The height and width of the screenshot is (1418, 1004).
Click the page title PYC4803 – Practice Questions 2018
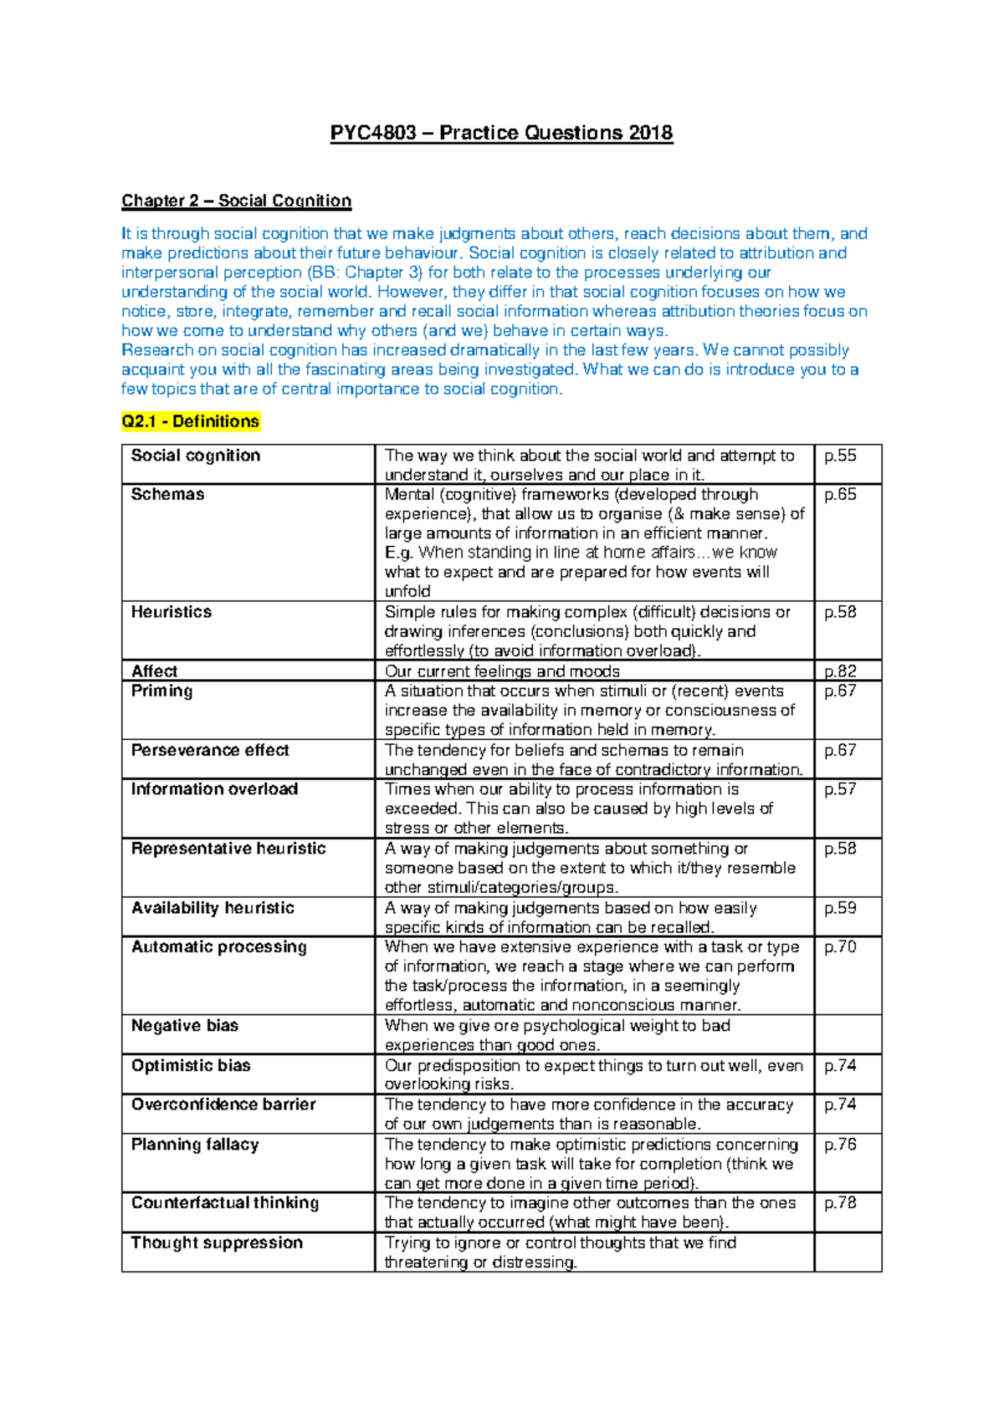[501, 133]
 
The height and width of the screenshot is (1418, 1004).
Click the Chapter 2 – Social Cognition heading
[236, 201]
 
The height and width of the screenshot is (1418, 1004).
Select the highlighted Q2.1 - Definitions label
[191, 421]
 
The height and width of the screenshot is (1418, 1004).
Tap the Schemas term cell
[167, 494]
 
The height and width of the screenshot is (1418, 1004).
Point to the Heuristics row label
[171, 612]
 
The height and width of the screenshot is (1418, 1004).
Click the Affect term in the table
[154, 671]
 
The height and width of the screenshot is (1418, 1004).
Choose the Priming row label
[161, 691]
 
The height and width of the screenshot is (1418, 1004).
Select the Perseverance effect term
[210, 750]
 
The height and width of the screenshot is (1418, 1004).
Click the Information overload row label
[214, 789]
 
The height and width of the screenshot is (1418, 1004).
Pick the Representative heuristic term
[228, 849]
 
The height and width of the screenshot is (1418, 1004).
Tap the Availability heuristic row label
[213, 908]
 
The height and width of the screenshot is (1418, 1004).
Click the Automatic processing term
[219, 946]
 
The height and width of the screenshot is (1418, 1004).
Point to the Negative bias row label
[185, 1026]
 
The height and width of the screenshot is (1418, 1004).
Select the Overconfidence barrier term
[223, 1104]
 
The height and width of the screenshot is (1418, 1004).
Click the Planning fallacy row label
[195, 1145]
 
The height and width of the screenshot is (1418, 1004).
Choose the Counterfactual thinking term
[225, 1203]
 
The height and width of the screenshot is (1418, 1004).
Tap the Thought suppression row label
[217, 1243]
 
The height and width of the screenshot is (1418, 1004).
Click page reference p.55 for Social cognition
[840, 456]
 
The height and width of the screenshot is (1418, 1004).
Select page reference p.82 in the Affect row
[840, 671]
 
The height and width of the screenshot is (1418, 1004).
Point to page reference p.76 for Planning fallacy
[840, 1145]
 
